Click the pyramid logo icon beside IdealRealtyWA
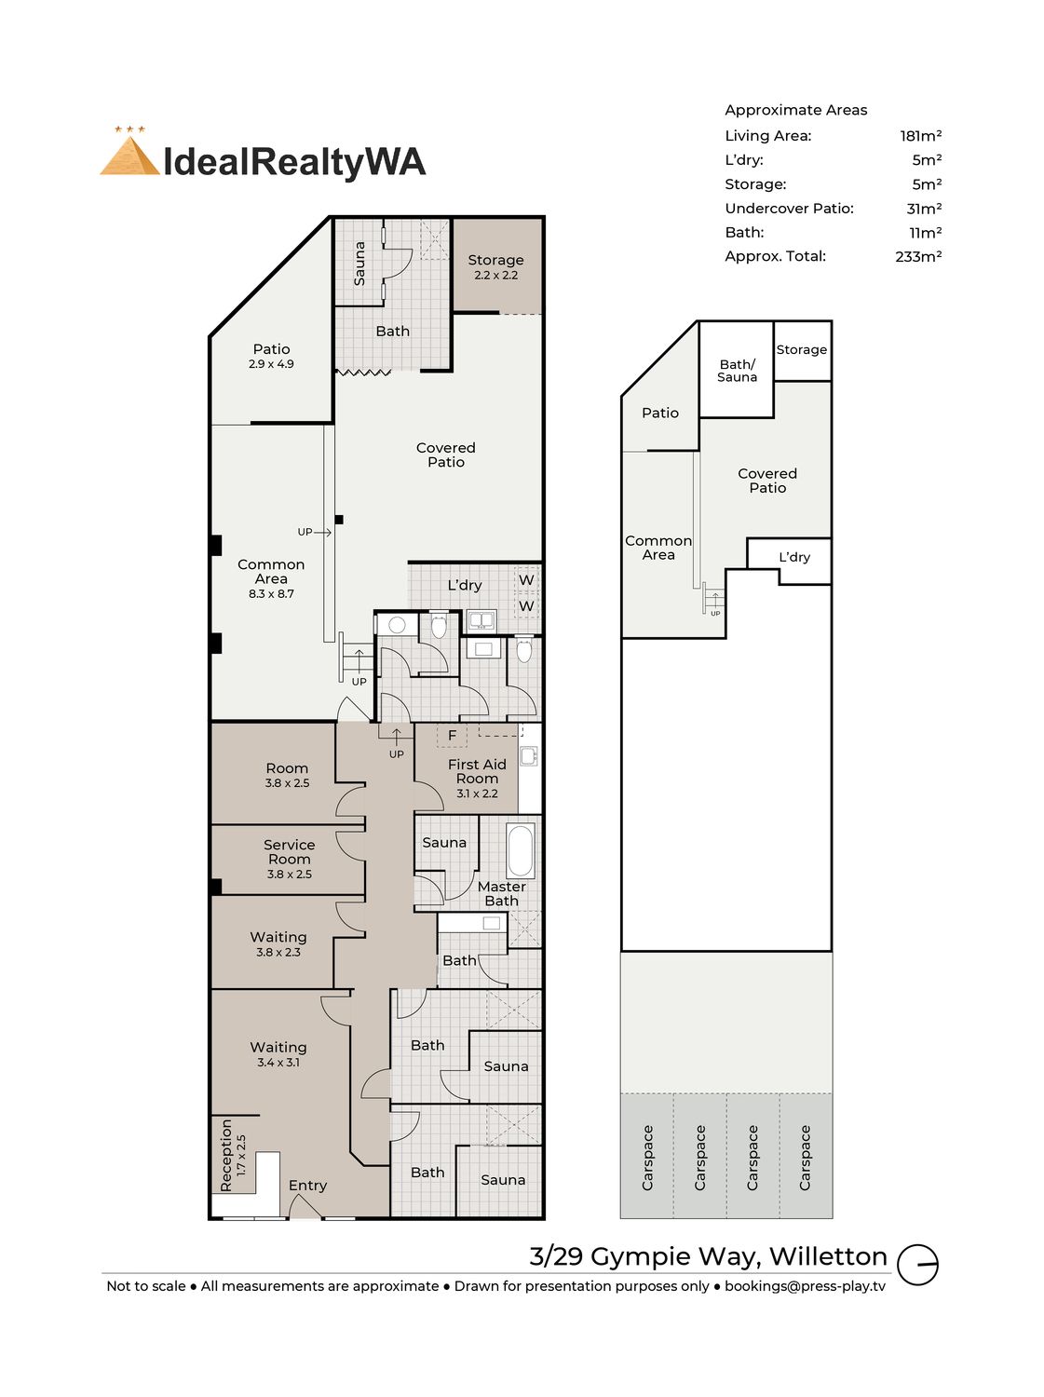pos(129,152)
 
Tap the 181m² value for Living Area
pos(920,136)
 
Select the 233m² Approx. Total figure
pos(918,256)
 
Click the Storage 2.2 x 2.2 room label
pos(495,266)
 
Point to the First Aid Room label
pos(477,778)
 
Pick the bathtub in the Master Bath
pos(521,851)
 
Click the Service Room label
pos(290,859)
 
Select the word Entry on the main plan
pos(307,1185)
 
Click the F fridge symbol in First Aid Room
pos(453,736)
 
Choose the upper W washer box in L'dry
pos(526,580)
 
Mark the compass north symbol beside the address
pos(917,1263)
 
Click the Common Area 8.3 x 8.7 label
pos(271,578)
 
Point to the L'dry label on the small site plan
pos(794,557)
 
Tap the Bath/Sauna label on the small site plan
pos(738,371)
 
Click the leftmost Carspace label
pos(647,1158)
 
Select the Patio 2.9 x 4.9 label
pos(272,356)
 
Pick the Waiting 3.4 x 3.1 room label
pos(278,1054)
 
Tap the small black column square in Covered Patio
pos(339,520)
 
